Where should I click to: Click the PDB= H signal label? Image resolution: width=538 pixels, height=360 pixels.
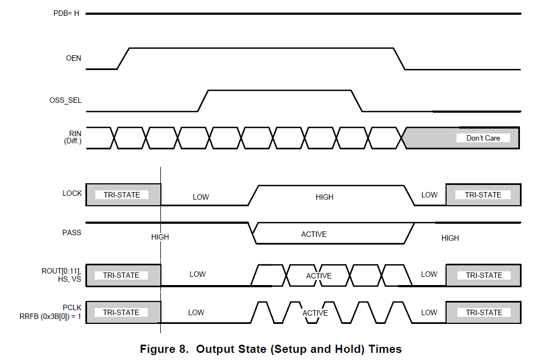(66, 13)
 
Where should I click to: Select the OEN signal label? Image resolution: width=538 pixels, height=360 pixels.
(73, 57)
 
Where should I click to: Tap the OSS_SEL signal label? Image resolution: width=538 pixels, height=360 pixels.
(65, 100)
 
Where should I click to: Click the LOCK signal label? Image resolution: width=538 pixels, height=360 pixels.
(72, 193)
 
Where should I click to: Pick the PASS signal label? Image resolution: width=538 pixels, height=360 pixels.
(72, 233)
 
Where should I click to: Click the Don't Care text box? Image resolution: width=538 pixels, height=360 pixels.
(483, 138)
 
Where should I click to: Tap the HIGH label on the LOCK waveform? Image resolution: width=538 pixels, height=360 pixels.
(325, 197)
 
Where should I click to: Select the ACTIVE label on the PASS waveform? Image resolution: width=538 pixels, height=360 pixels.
(314, 234)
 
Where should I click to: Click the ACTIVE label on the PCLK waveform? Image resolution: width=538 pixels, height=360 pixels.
(315, 313)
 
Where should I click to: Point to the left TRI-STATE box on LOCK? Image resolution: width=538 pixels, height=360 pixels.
(122, 195)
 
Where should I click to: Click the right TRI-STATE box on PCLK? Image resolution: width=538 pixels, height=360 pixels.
(483, 312)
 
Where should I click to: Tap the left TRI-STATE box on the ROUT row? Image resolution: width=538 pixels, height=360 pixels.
(122, 275)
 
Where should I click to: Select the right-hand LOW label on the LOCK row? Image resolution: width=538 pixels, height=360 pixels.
(429, 195)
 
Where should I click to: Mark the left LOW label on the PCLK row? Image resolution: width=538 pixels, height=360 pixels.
(196, 312)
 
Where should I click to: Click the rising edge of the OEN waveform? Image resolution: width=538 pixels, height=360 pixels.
(123, 59)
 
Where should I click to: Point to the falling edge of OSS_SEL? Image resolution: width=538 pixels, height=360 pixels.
(357, 101)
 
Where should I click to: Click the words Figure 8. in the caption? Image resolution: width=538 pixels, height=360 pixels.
(164, 349)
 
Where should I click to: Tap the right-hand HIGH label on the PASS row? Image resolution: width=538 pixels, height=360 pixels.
(450, 238)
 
